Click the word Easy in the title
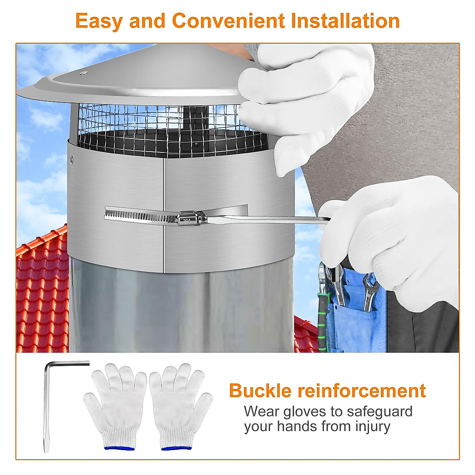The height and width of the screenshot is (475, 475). [99, 21]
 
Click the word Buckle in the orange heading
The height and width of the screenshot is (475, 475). [260, 391]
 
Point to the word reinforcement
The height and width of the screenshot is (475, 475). [361, 391]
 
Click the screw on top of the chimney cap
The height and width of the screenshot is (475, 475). [83, 73]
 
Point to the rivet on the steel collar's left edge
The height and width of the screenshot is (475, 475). [71, 160]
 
